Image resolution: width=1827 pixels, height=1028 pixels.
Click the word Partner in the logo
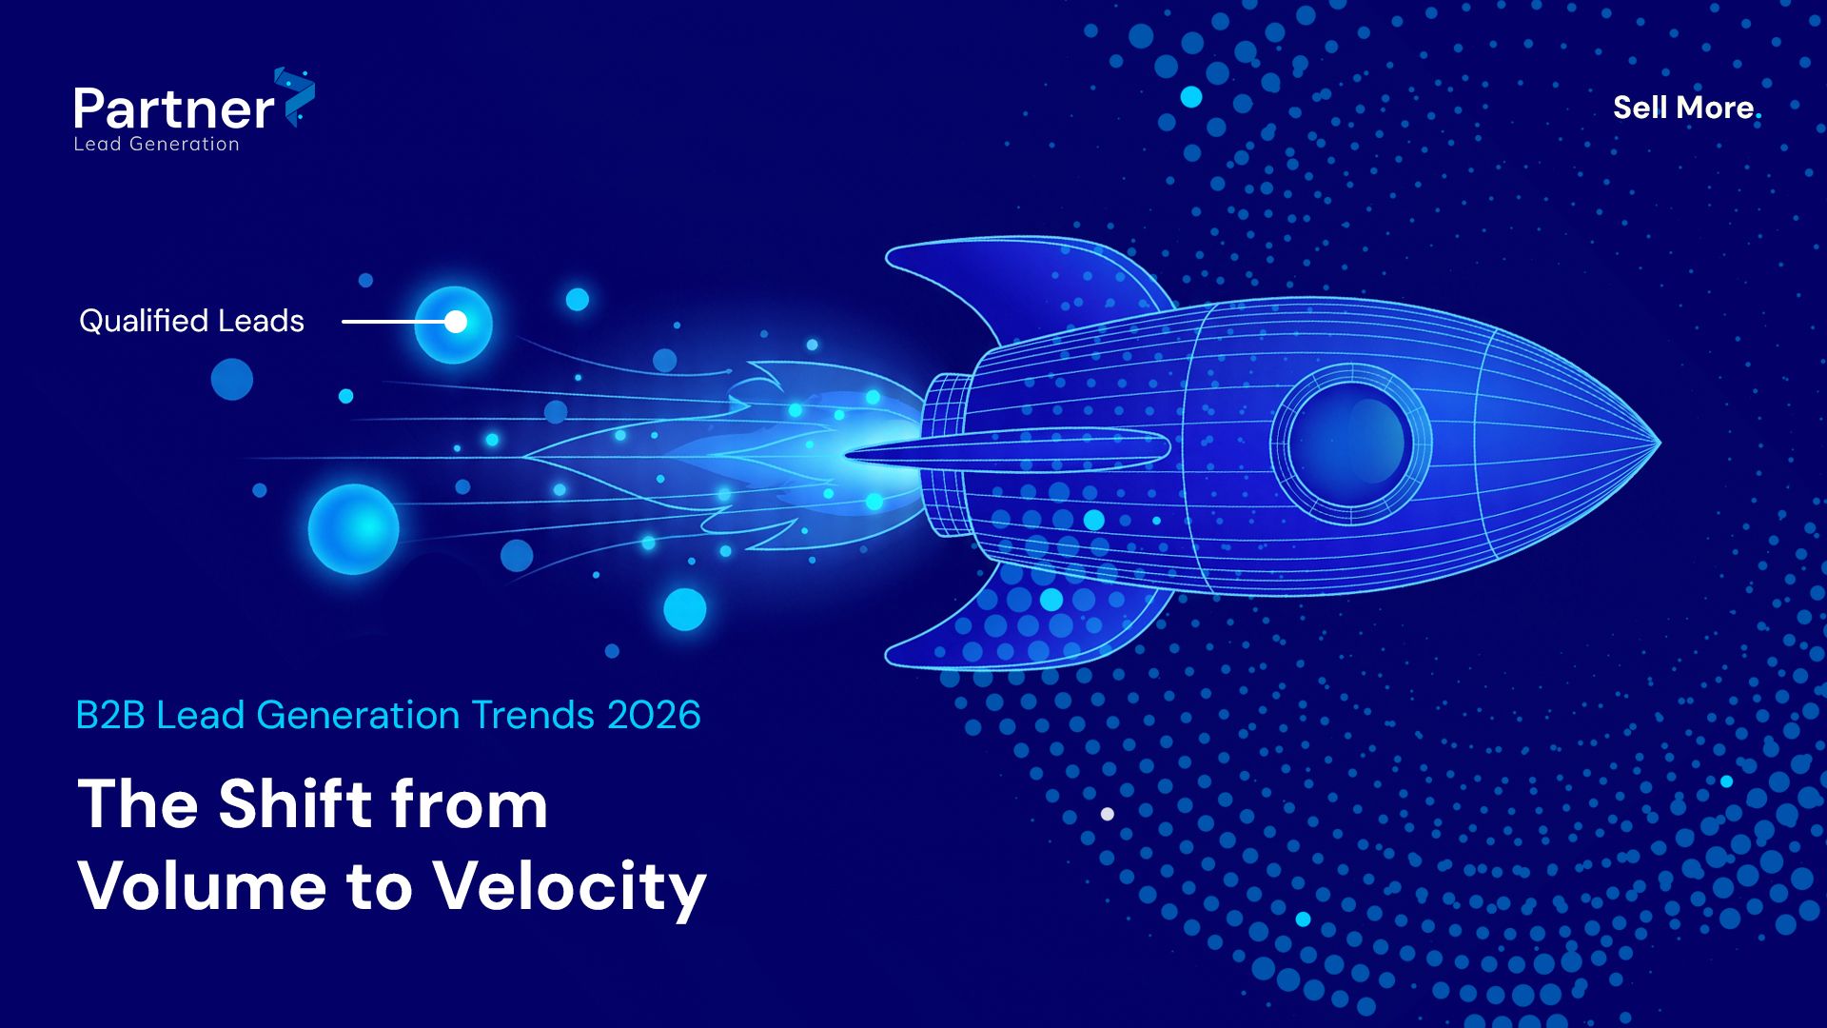click(x=174, y=109)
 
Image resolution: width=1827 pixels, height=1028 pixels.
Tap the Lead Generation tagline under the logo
click(x=157, y=144)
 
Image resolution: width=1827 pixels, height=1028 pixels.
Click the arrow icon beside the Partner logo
click(x=295, y=96)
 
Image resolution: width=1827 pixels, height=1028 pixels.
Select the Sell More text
click(x=1683, y=108)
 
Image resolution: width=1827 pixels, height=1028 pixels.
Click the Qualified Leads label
click(x=191, y=321)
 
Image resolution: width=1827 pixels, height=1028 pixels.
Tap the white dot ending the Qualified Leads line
click(x=456, y=322)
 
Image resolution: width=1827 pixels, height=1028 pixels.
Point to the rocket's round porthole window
click(x=1350, y=444)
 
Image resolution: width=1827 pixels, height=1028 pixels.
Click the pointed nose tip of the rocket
click(x=1659, y=442)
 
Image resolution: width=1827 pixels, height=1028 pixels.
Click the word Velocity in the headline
click(x=570, y=888)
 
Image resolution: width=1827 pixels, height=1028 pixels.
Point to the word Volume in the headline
click(x=203, y=886)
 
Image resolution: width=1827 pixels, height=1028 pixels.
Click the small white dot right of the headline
click(x=1108, y=814)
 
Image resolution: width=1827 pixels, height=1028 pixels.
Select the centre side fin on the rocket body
click(x=1009, y=449)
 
